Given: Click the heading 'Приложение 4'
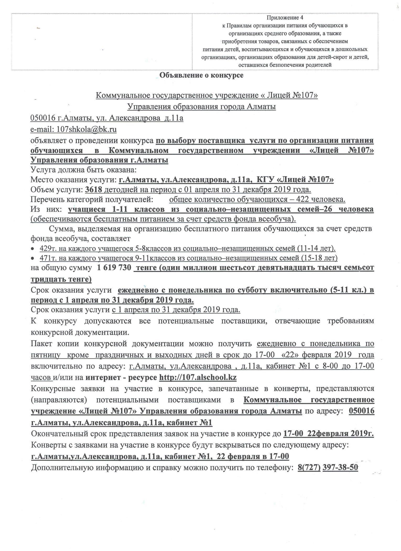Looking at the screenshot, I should (285, 18).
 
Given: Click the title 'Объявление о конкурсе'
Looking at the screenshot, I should (201, 76).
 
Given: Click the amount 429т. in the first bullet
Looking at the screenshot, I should (47, 248).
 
